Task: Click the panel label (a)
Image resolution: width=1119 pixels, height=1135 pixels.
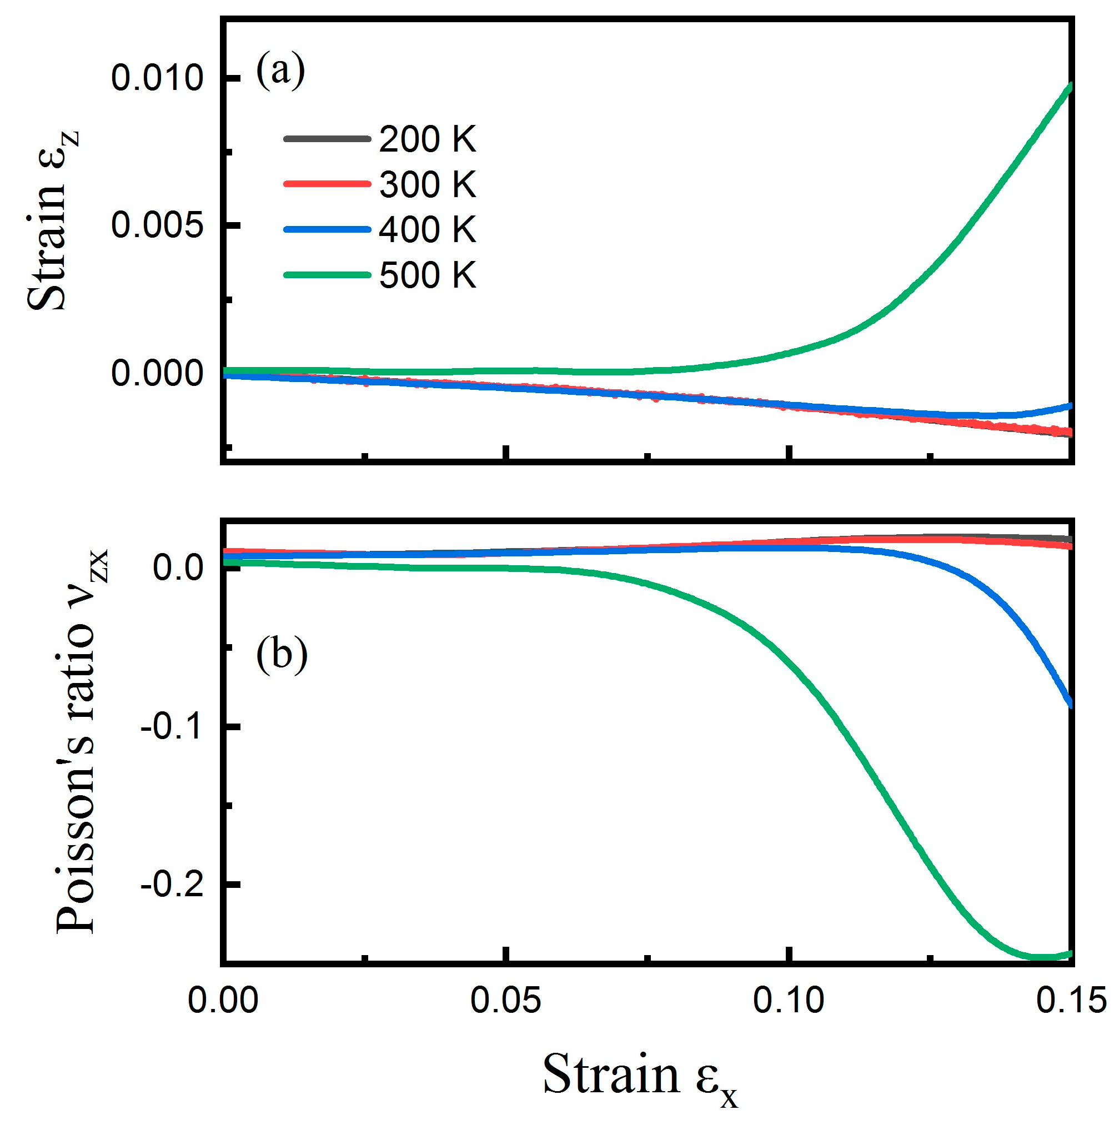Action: [x=280, y=71]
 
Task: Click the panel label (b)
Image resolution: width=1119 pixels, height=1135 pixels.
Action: [x=282, y=654]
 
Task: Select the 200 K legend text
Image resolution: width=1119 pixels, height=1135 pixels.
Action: [x=427, y=139]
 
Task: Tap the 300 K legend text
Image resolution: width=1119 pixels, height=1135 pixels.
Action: [x=427, y=184]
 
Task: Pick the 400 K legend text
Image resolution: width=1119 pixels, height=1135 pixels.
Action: [x=427, y=229]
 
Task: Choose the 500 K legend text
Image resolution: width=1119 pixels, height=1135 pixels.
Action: [x=427, y=274]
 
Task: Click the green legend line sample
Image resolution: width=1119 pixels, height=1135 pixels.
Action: [x=327, y=274]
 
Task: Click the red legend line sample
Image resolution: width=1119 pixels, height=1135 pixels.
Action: [x=327, y=184]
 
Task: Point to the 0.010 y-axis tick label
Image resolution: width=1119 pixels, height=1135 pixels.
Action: [x=157, y=78]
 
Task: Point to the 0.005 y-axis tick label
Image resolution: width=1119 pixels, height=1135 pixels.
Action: [x=157, y=225]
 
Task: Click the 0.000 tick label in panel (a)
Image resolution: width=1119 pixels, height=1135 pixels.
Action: [x=157, y=373]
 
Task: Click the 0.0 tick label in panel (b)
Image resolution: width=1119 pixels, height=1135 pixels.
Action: [x=178, y=568]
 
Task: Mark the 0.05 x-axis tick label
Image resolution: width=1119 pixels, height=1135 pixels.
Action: [x=505, y=1000]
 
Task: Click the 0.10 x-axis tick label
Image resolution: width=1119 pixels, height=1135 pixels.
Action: [x=788, y=1000]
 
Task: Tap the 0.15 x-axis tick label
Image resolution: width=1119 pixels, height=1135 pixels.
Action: [x=1070, y=1000]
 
